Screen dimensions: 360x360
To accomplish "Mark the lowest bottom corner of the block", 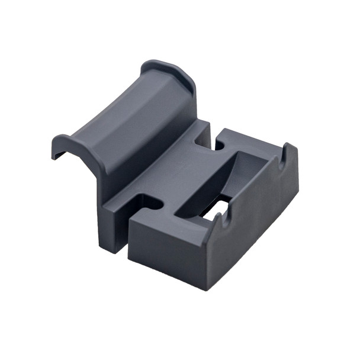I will (x=206, y=288).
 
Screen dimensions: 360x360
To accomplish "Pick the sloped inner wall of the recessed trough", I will (x=249, y=172).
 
